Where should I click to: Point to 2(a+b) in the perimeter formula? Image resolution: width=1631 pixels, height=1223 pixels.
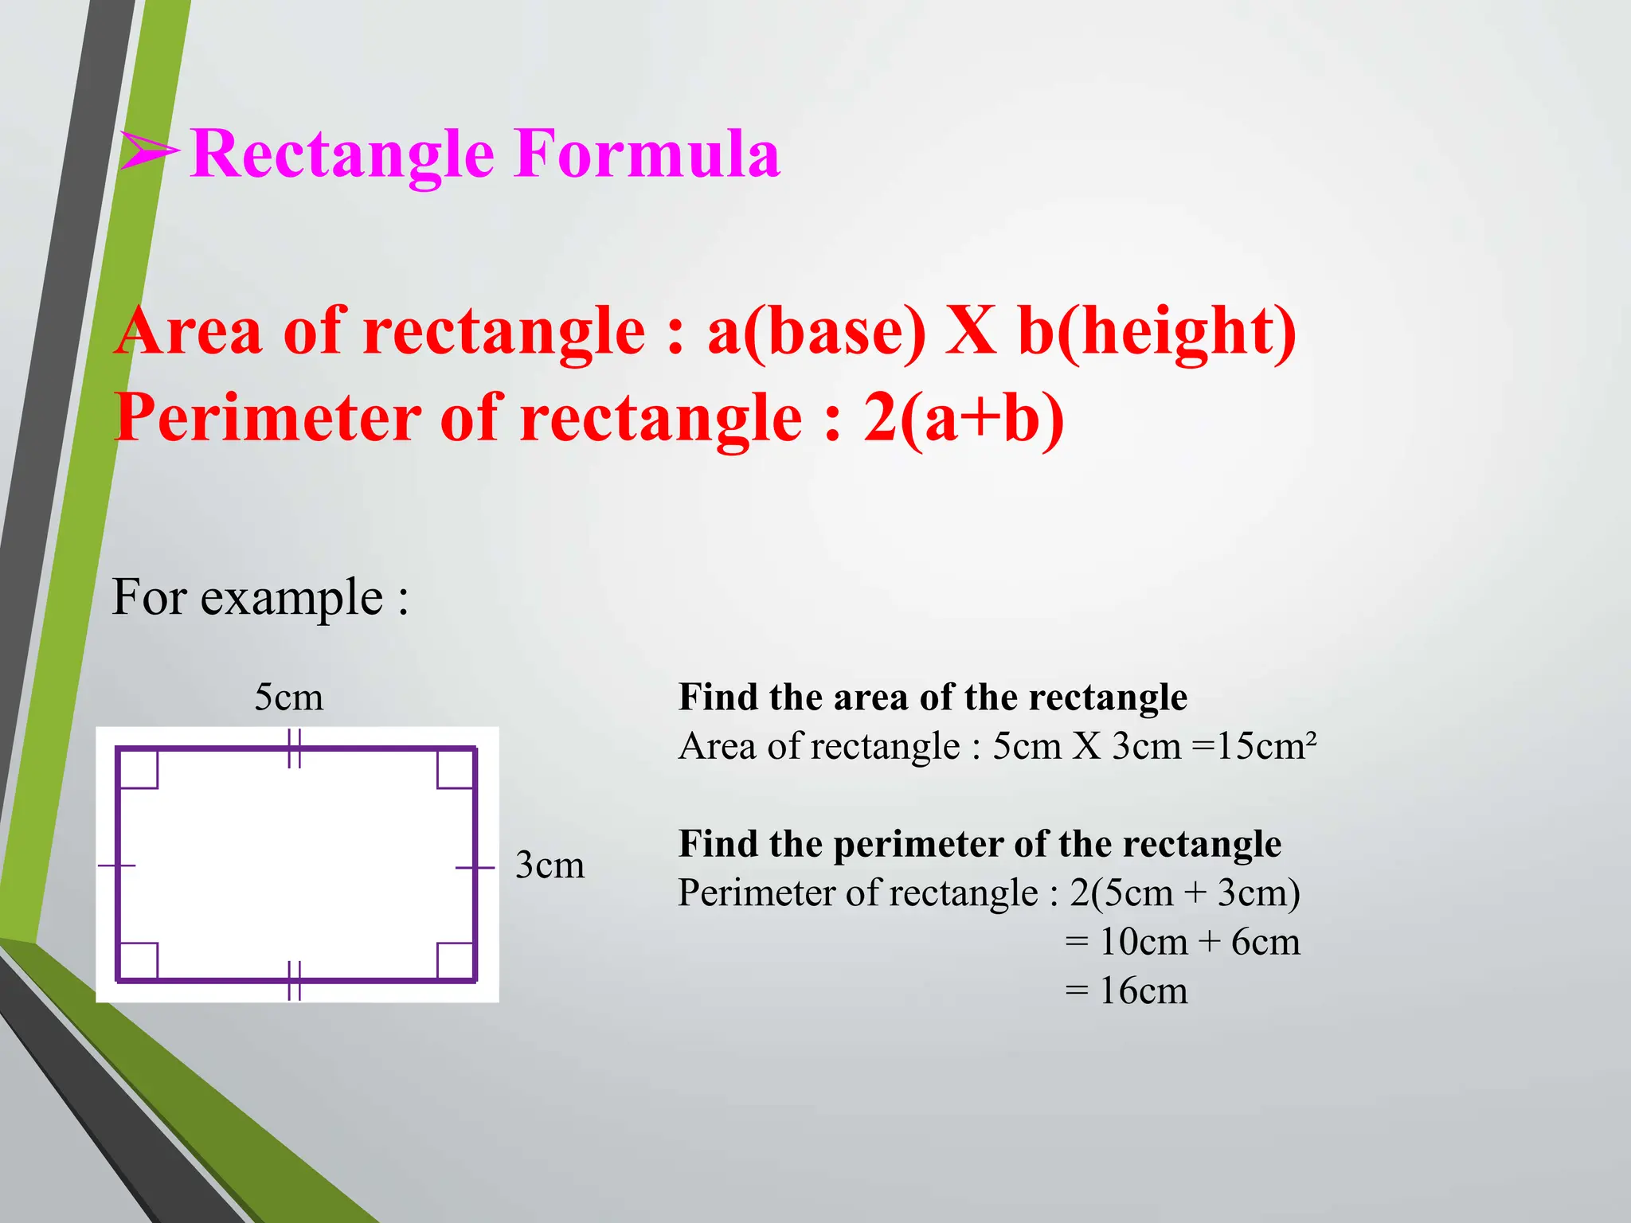[964, 419]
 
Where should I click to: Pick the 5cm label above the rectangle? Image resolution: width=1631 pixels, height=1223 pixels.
[288, 697]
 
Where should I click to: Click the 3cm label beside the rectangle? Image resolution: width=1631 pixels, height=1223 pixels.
[550, 865]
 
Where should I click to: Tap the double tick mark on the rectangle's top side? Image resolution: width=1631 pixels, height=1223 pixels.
[294, 748]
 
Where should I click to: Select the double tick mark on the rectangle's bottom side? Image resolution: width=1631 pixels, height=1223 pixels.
[294, 980]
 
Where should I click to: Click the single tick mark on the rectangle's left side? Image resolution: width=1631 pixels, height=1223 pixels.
[117, 865]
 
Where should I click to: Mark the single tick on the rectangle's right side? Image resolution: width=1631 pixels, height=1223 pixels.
[475, 867]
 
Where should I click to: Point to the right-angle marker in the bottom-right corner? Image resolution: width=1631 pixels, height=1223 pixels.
[456, 960]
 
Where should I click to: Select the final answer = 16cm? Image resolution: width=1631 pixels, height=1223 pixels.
[1126, 991]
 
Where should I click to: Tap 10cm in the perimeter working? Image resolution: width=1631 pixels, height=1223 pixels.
[1144, 943]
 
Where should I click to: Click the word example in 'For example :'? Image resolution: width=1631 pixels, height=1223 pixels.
[291, 599]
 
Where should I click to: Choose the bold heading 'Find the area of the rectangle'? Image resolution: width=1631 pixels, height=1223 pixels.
[933, 697]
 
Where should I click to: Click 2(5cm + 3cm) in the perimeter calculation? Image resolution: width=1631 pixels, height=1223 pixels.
[1184, 893]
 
